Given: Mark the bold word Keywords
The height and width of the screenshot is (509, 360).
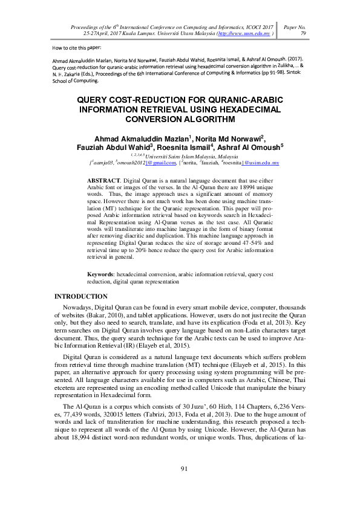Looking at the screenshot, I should [102, 274].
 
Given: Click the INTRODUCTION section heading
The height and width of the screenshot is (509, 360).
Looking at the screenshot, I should [81, 296].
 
